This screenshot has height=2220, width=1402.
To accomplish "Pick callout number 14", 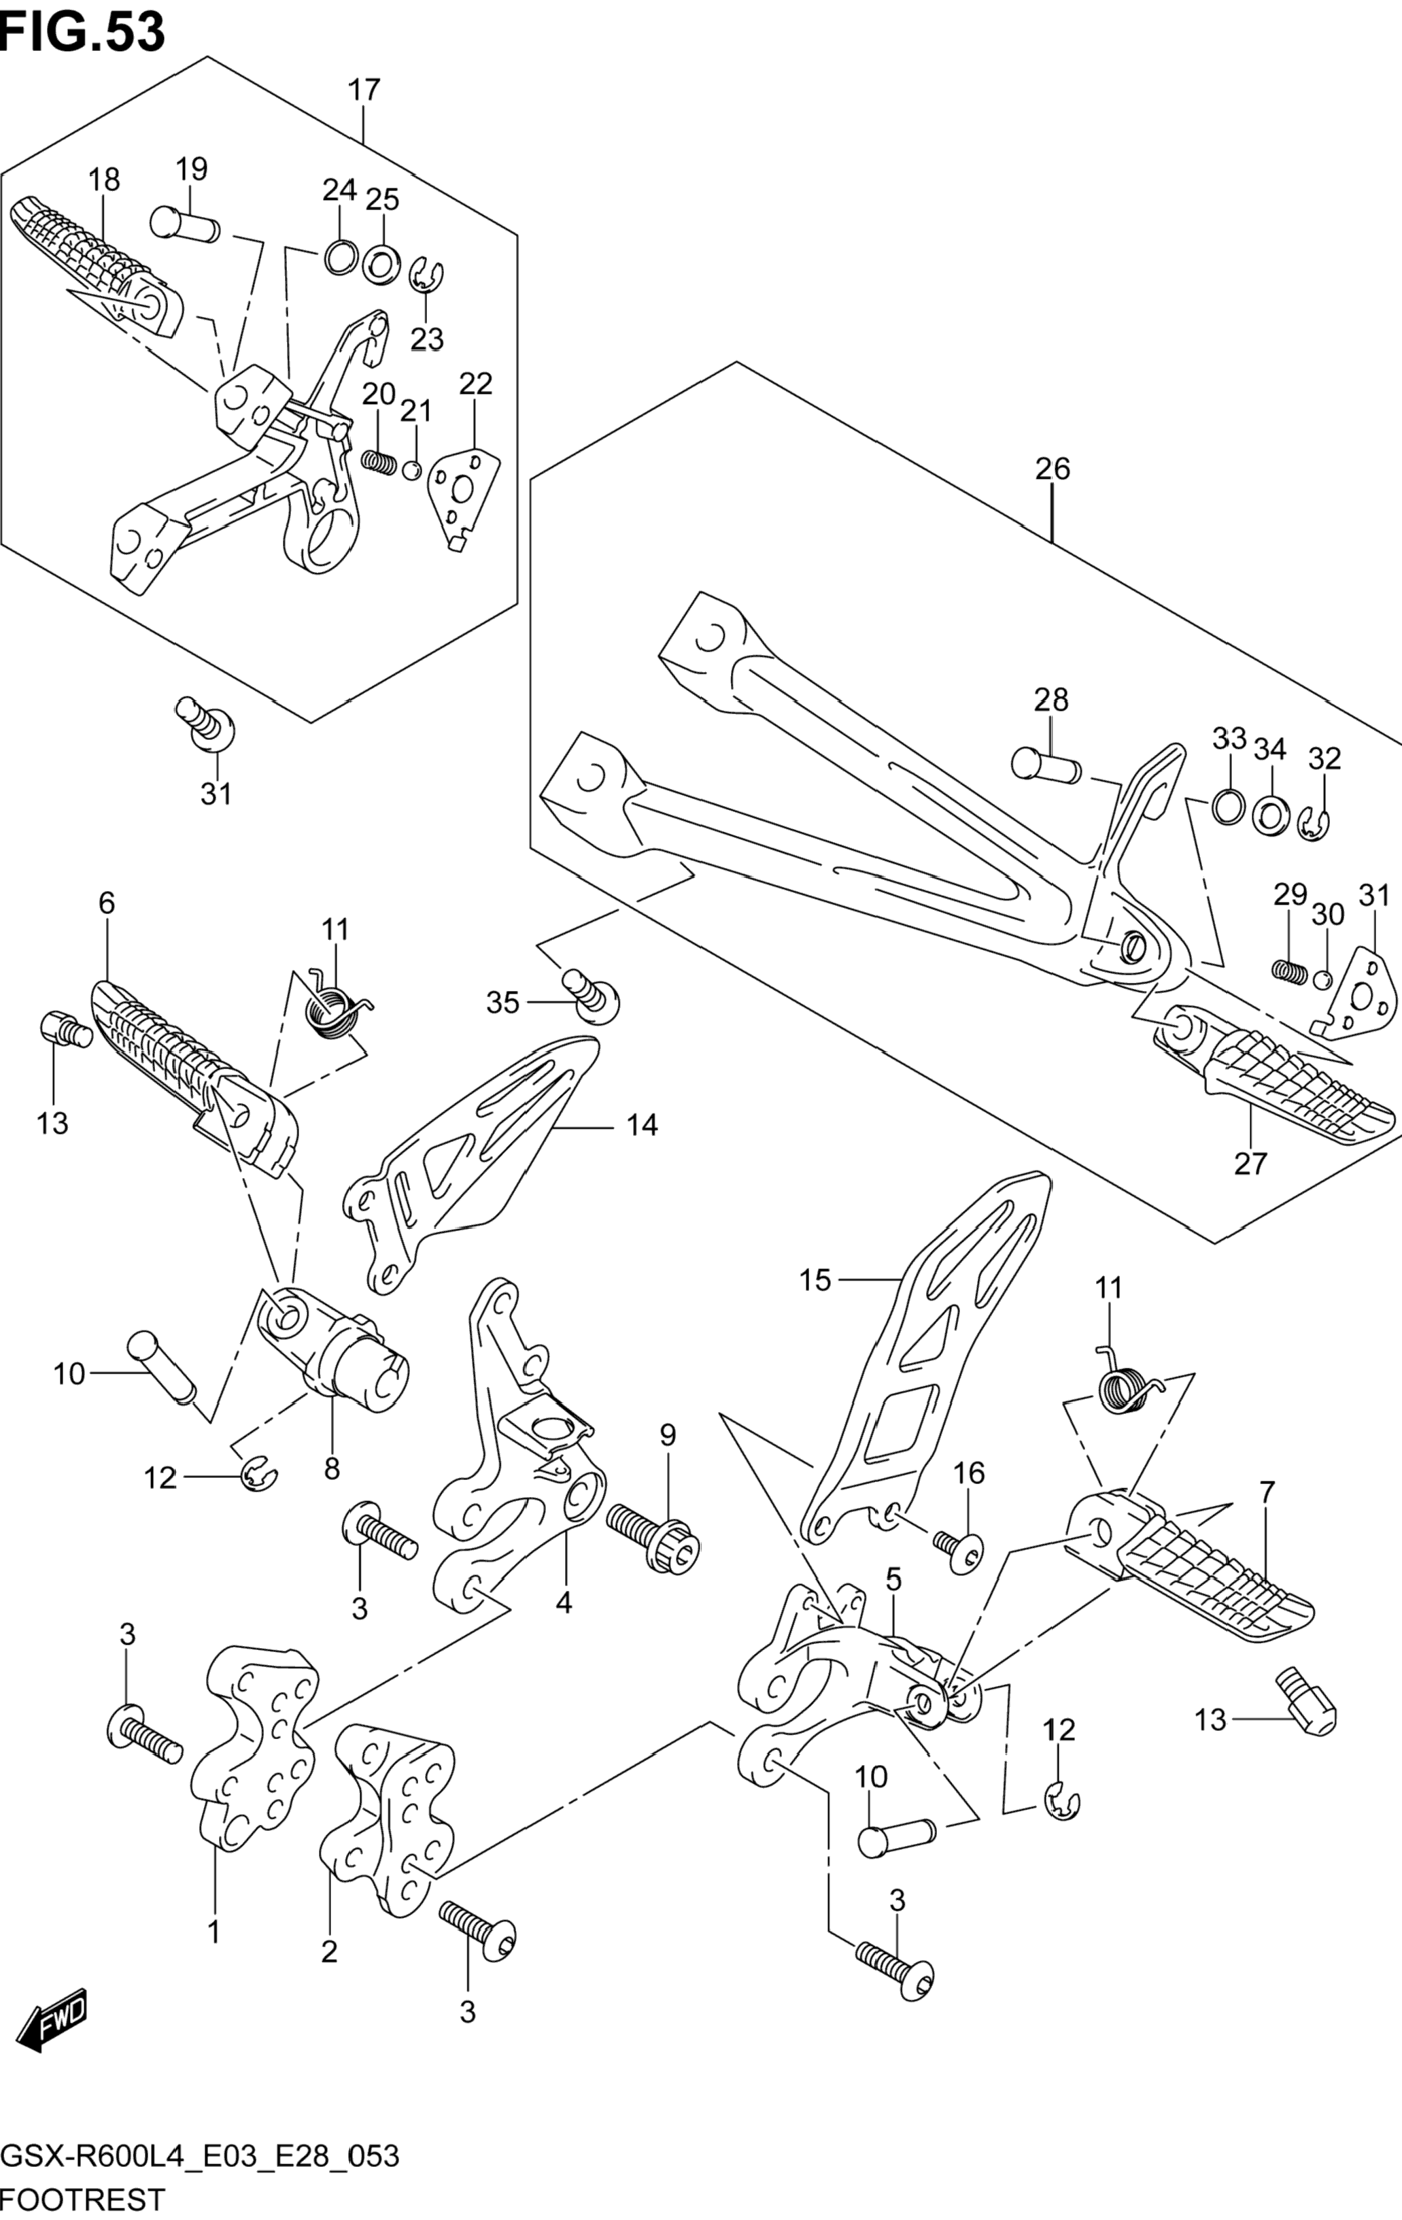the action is point(643,1125).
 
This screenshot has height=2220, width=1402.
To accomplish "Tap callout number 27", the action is point(1251,1164).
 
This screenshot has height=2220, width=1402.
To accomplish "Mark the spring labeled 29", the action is point(1290,970).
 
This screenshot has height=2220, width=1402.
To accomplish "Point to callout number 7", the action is point(1267,1492).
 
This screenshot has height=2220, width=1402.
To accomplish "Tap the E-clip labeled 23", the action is point(426,275).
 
